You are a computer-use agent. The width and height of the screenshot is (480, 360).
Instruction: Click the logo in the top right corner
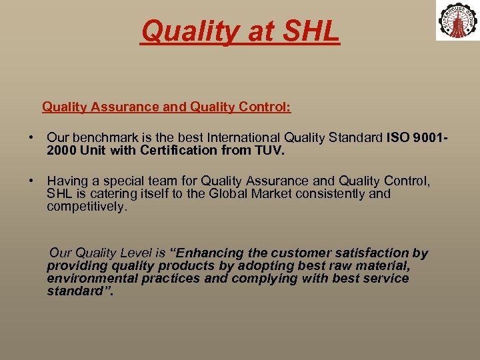(x=457, y=20)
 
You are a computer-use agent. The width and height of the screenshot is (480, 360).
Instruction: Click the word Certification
(x=179, y=151)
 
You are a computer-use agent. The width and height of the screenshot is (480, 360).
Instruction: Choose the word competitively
(x=86, y=207)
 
